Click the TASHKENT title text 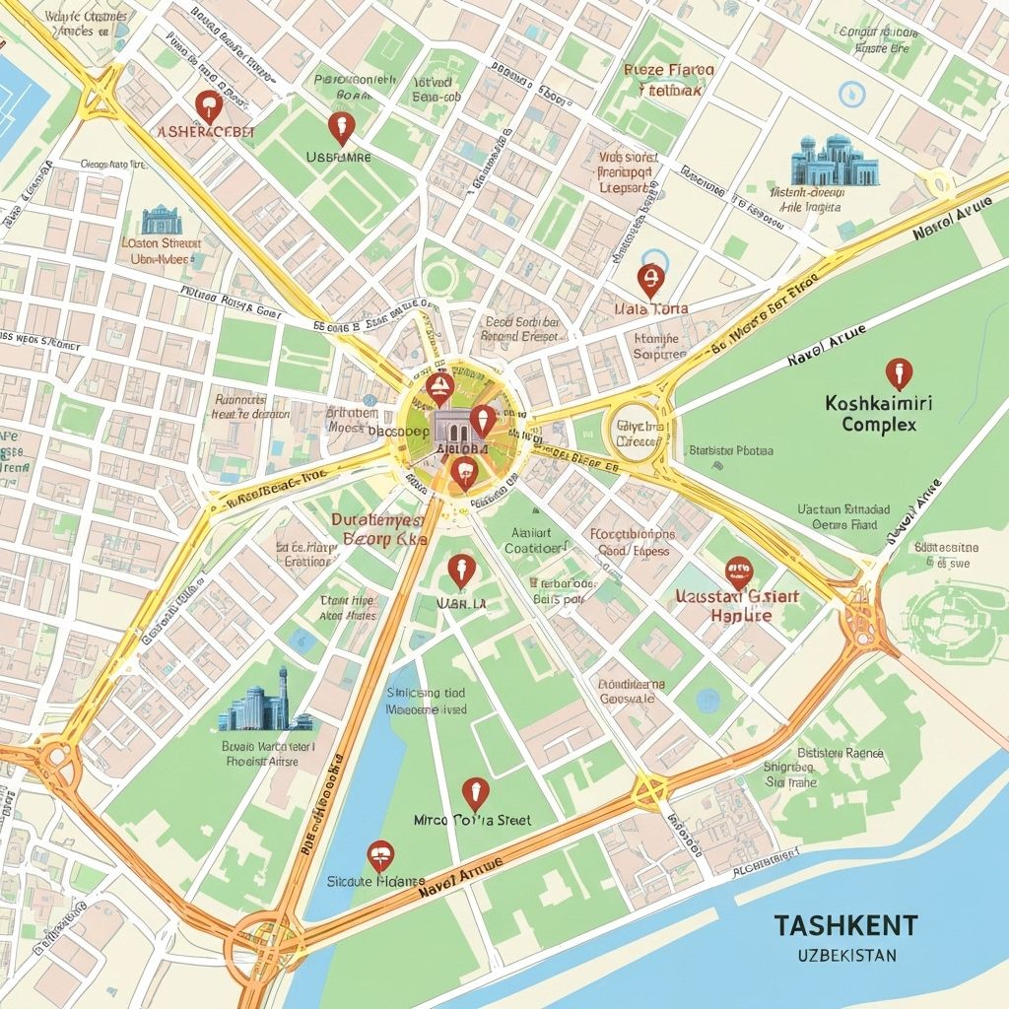(x=845, y=925)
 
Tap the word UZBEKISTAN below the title (x=845, y=956)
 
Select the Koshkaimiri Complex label (x=879, y=414)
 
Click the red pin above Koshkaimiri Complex (x=898, y=373)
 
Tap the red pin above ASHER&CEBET (x=206, y=105)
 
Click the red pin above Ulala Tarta (x=648, y=280)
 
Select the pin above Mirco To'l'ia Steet (x=475, y=792)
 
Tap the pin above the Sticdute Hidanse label (x=380, y=855)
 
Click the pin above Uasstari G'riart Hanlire (x=738, y=571)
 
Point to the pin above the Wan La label (x=460, y=570)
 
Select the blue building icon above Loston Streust (x=162, y=220)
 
